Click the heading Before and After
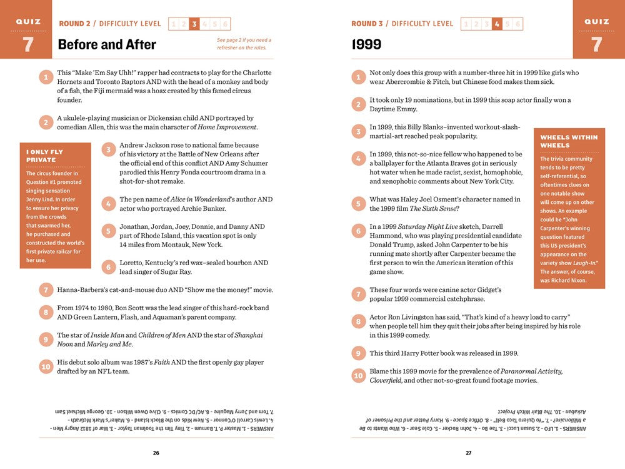tap(107, 44)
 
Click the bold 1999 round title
tap(367, 44)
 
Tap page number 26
tap(156, 453)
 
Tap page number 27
tap(468, 453)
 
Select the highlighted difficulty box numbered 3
tap(194, 24)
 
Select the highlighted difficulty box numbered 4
tap(497, 24)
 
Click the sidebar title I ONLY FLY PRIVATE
tap(44, 156)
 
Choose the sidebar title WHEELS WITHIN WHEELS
tap(569, 141)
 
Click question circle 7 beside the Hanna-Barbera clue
tap(46, 290)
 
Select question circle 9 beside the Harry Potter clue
tap(358, 353)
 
